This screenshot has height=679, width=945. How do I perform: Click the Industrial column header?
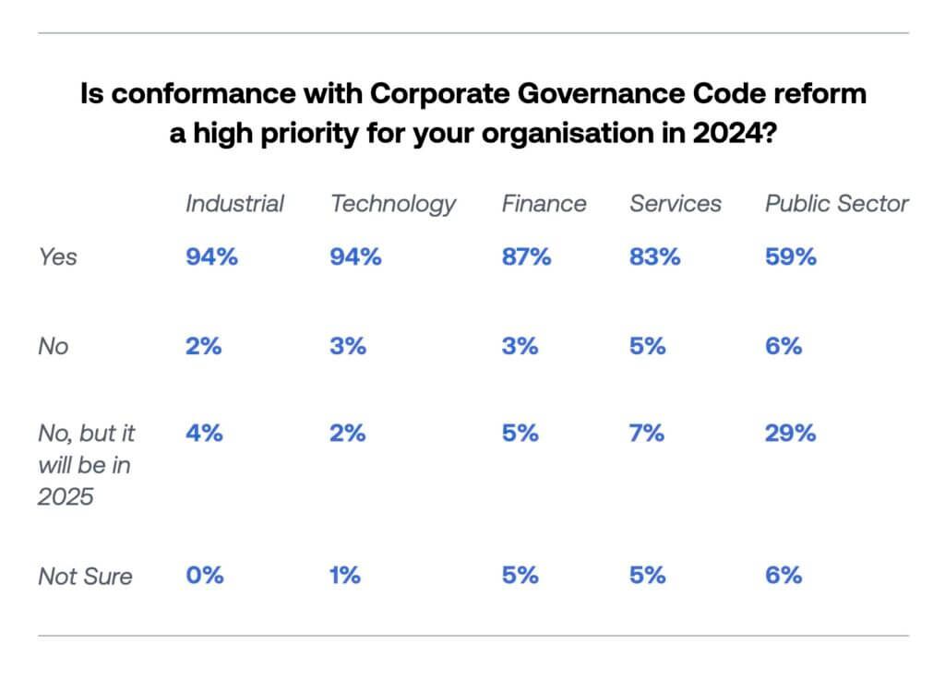click(235, 203)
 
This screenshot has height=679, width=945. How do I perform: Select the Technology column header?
click(393, 204)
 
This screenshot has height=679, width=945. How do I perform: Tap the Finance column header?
click(544, 203)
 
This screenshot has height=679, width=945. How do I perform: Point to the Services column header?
click(676, 203)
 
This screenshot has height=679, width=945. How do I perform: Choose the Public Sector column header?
click(836, 203)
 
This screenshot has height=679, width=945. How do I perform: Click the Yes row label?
click(57, 257)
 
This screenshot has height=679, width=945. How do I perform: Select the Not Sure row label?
click(85, 577)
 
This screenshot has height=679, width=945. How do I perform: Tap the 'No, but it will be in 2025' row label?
click(84, 465)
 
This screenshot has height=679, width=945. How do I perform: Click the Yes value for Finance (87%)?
click(526, 257)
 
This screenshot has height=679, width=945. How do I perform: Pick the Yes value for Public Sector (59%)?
click(790, 257)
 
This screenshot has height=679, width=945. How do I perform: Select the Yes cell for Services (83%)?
click(655, 257)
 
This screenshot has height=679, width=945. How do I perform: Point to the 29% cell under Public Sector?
click(790, 434)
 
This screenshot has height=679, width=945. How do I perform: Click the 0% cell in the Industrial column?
click(204, 576)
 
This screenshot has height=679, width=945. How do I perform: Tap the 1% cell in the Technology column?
click(344, 576)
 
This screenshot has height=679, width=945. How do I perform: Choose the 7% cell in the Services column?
click(647, 434)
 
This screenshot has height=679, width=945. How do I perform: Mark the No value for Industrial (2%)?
click(204, 346)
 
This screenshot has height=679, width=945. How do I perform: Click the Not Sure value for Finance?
click(520, 576)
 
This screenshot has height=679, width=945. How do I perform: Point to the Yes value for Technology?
click(355, 257)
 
